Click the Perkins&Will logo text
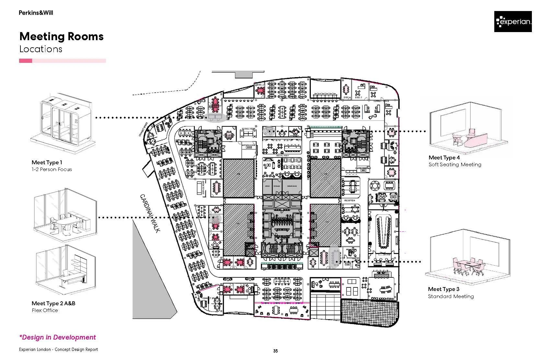36,13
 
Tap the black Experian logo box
513,22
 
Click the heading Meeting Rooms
62,36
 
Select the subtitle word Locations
41,49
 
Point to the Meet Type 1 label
47,162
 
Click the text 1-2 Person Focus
52,169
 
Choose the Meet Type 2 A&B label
53,303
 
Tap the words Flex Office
45,310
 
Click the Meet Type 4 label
444,157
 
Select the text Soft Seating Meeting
455,165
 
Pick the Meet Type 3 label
443,289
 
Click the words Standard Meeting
451,296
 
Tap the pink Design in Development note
58,337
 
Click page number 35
275,351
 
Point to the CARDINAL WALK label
150,213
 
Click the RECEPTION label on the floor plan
350,201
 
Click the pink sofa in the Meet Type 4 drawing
477,139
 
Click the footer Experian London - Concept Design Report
58,350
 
